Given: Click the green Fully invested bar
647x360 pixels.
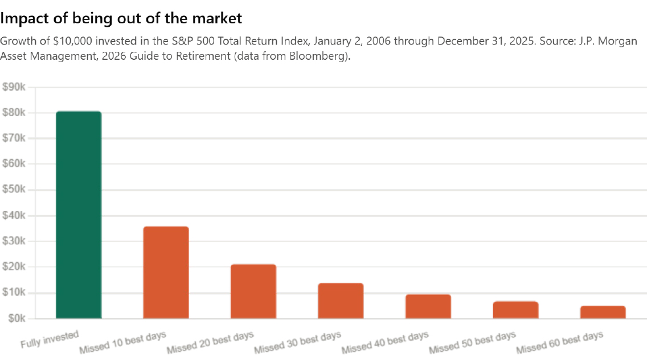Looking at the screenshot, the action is [79, 215].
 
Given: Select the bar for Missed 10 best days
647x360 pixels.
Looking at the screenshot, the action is [166, 272].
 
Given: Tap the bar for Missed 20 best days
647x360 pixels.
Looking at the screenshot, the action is [253, 291].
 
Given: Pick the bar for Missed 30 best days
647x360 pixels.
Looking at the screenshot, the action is [341, 301].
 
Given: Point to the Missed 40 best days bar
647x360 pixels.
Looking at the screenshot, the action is [428, 306].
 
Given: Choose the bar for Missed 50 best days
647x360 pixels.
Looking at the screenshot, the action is [516, 310].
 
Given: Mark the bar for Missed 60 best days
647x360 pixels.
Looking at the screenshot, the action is [603, 312].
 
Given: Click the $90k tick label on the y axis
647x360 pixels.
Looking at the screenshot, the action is [14, 87].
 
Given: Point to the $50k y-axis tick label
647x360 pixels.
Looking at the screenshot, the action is [14, 190].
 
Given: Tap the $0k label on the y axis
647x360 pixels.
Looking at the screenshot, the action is [17, 318].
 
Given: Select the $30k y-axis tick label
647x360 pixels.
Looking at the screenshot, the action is [14, 241].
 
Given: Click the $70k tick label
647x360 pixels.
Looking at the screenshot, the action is [14, 138].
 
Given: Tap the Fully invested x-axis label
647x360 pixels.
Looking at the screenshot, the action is [50, 339].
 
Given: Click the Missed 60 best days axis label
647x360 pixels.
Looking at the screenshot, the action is [559, 343].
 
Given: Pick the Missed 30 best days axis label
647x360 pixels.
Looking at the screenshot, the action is [297, 343].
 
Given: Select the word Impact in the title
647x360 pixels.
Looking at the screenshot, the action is [23, 19].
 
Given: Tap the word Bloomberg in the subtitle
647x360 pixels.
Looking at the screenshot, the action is [318, 56].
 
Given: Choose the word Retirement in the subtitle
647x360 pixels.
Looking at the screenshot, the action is [201, 56].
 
